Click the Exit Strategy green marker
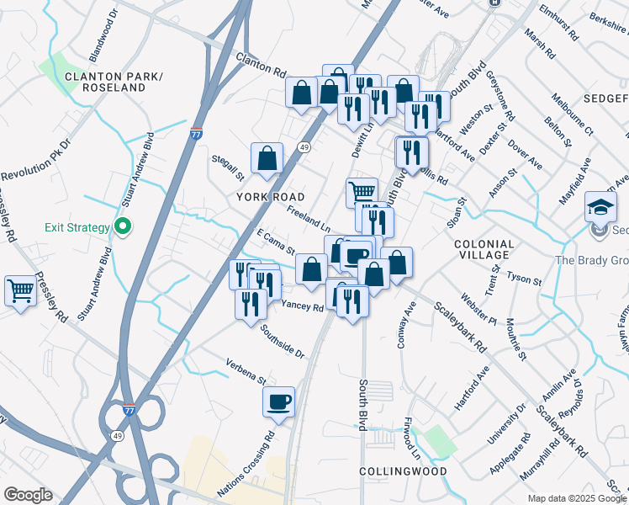point(122,227)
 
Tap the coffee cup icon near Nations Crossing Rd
point(278,401)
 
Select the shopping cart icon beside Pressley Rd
point(20,291)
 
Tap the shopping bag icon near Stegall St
point(267,157)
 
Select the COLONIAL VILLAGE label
point(483,248)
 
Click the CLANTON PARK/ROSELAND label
point(113,82)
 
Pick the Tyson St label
point(525,278)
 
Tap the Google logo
point(28,495)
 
